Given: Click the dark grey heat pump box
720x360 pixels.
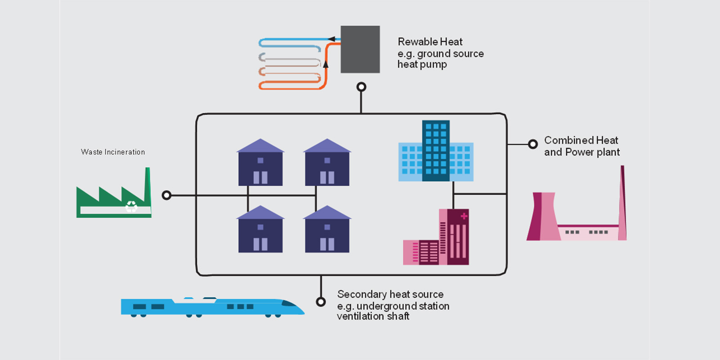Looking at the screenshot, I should [360, 49].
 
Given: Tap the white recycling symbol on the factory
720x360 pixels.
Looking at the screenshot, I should [131, 207].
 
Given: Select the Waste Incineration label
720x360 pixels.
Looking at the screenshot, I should [113, 152].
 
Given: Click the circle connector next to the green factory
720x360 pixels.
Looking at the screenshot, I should [166, 195].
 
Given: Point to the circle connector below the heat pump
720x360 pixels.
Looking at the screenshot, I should [361, 87].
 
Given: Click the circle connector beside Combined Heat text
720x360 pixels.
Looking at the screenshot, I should [533, 144].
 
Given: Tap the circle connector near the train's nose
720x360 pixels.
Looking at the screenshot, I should [321, 301].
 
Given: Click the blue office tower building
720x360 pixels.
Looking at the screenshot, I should [436, 151].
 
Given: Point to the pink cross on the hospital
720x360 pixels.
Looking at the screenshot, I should [464, 216].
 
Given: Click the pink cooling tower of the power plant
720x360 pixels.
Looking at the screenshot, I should [544, 216].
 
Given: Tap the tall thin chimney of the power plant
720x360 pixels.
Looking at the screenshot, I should [623, 202].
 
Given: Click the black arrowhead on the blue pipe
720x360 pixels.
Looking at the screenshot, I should [332, 39].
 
